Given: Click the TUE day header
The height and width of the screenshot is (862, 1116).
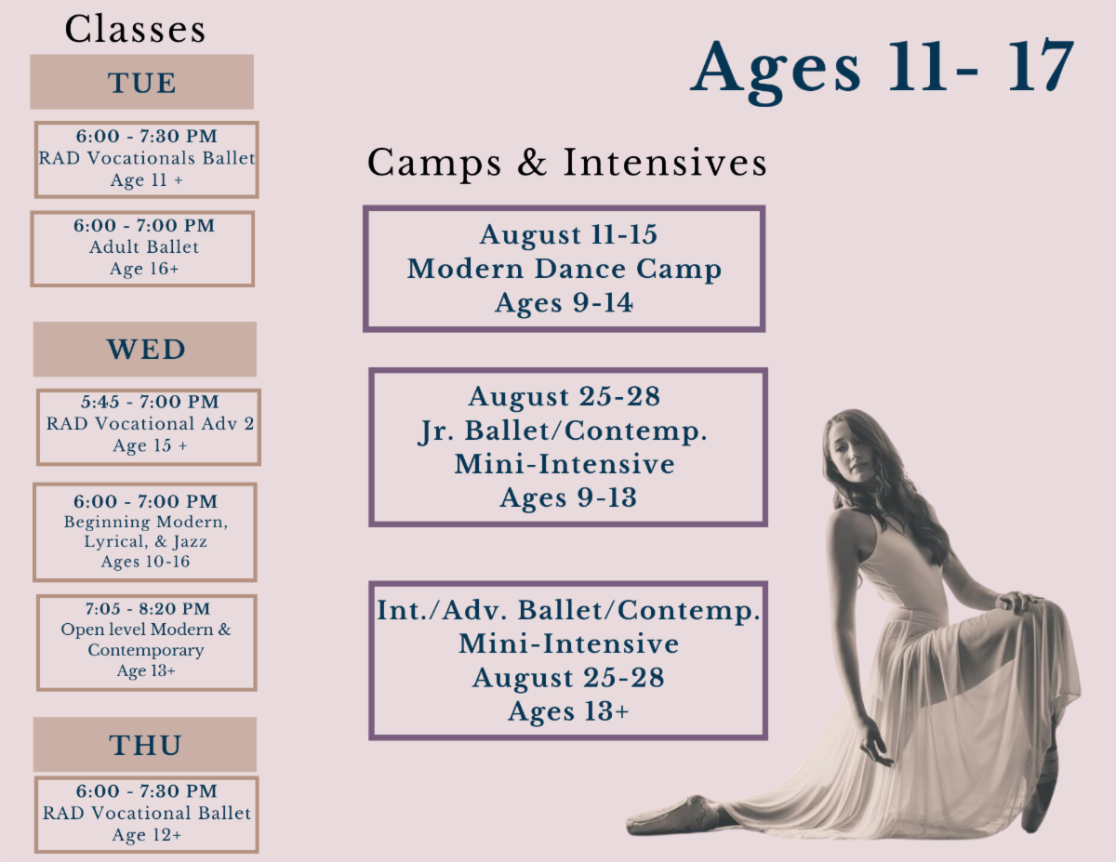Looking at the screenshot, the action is [x=141, y=82].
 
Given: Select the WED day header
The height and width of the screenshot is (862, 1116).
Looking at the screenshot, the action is [x=145, y=349].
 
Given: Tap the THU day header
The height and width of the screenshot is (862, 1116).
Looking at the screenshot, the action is [x=145, y=745].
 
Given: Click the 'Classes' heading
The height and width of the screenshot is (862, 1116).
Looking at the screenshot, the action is [x=135, y=29].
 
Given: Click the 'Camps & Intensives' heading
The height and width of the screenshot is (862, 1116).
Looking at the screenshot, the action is [x=567, y=163].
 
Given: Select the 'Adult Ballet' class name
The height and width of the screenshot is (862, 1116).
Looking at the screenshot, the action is [x=144, y=247].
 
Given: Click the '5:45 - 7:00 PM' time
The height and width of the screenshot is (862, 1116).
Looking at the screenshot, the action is [x=150, y=402].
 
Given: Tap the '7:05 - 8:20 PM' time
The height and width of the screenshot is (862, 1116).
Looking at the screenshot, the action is [x=147, y=609].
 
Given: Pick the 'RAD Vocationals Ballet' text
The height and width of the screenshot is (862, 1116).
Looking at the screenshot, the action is [x=147, y=158].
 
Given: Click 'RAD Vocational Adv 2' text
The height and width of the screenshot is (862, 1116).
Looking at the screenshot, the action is [x=150, y=423].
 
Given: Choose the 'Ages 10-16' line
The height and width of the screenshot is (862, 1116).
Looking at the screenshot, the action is [x=145, y=562].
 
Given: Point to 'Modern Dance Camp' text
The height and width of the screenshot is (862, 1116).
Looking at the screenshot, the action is [x=564, y=270].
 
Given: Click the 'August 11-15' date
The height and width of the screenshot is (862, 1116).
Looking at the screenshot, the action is [x=568, y=234].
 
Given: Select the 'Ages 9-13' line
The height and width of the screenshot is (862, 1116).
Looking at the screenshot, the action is [x=568, y=498].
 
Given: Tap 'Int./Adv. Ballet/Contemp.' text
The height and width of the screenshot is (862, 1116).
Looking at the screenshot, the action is [x=568, y=611].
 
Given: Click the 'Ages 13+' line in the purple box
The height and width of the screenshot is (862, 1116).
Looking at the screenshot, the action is [x=568, y=711].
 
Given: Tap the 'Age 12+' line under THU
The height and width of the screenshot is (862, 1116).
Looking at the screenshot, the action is [x=147, y=835].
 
